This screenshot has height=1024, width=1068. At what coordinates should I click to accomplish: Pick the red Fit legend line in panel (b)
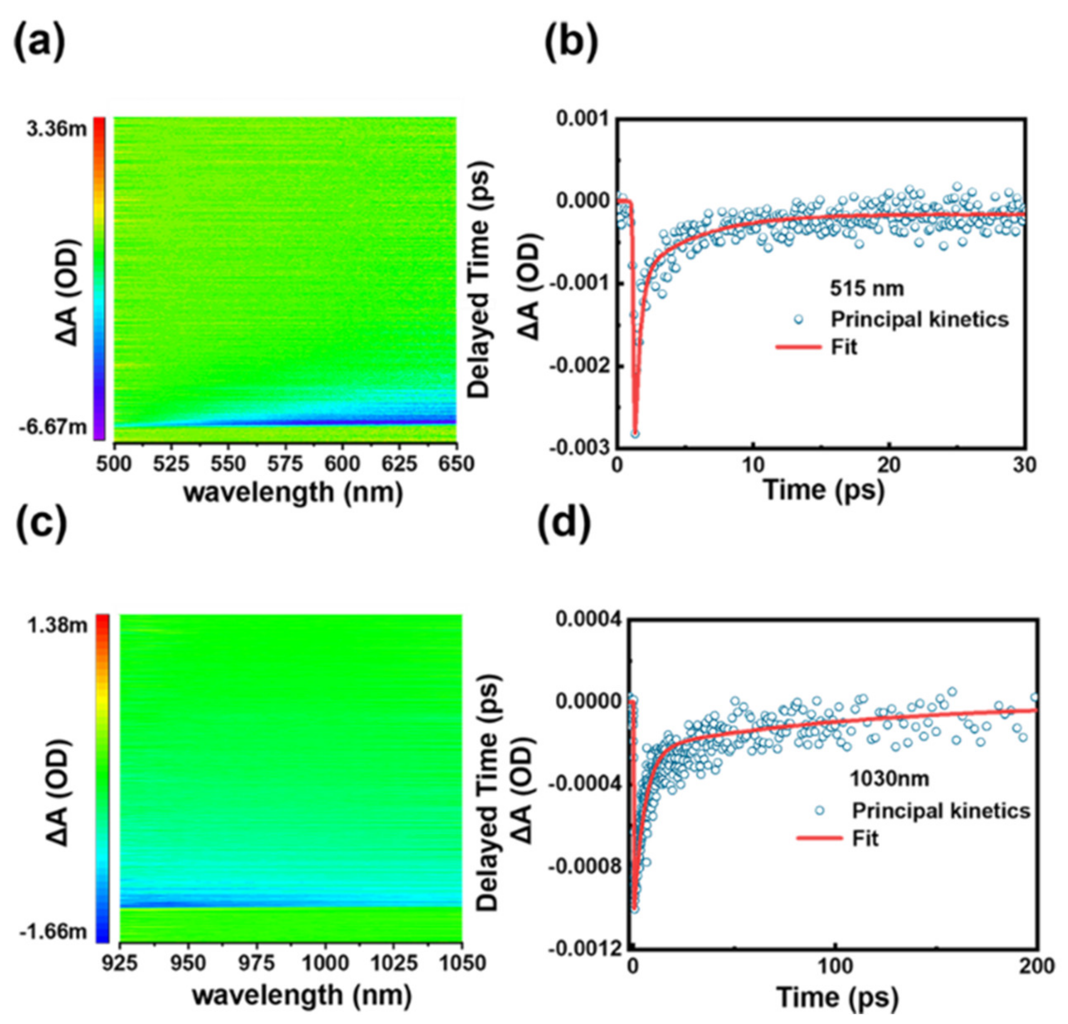coord(798,347)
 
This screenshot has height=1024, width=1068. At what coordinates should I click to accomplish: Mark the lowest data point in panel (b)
coord(635,434)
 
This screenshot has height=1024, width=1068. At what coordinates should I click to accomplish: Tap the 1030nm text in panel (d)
coord(889,779)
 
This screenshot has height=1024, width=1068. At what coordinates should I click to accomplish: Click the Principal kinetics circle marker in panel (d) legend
coord(820,811)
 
